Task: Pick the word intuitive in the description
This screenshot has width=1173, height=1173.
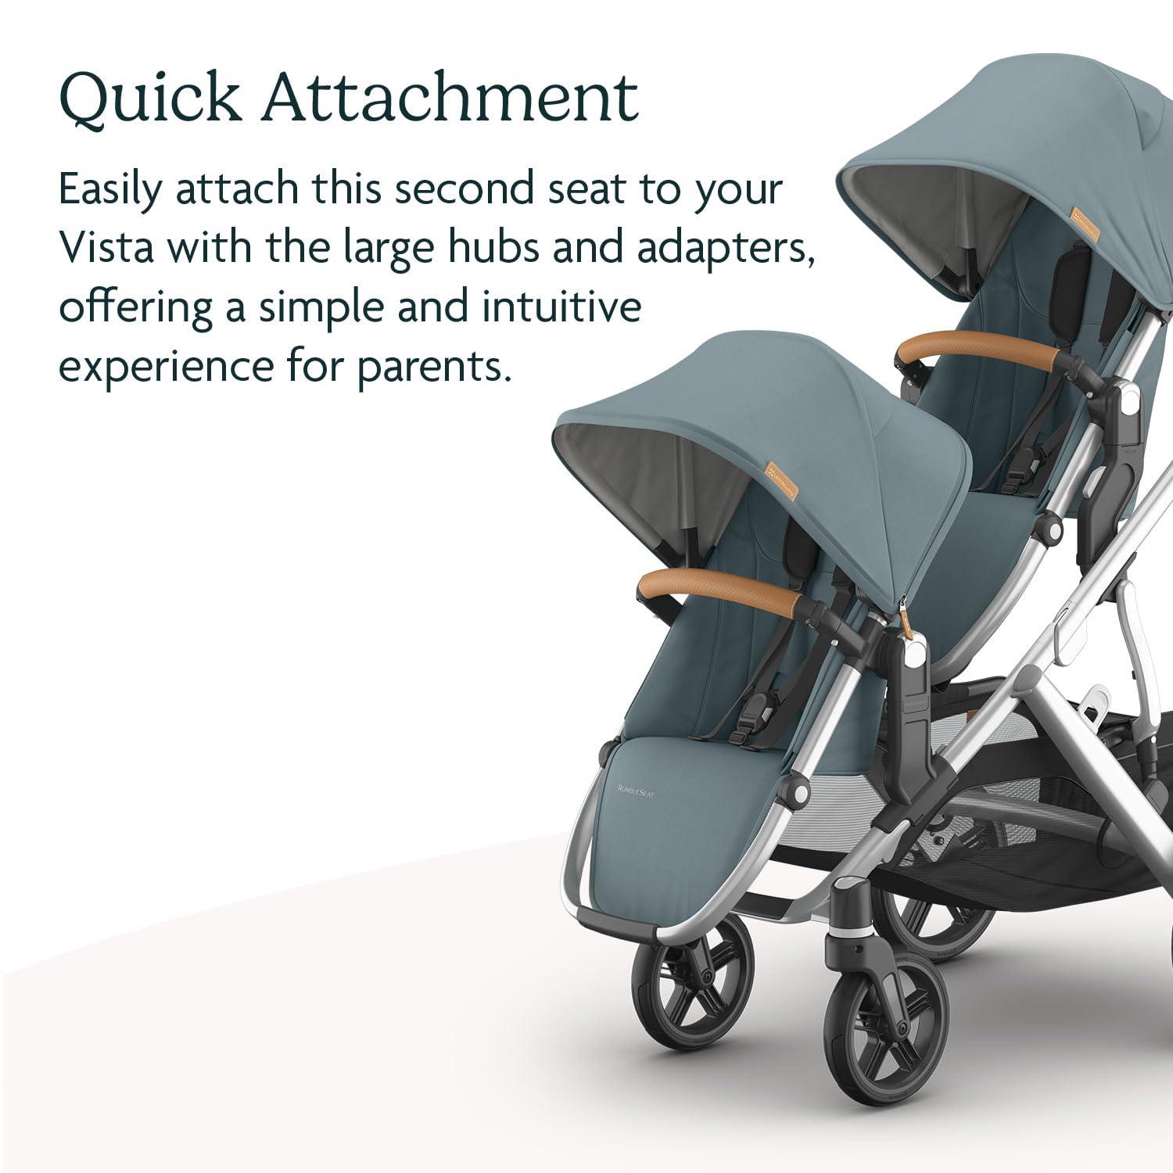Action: (x=559, y=307)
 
